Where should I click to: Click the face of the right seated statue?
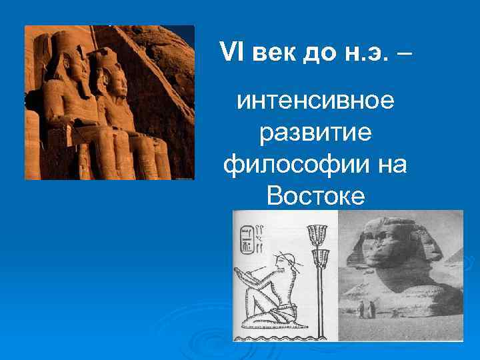point(116,83)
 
